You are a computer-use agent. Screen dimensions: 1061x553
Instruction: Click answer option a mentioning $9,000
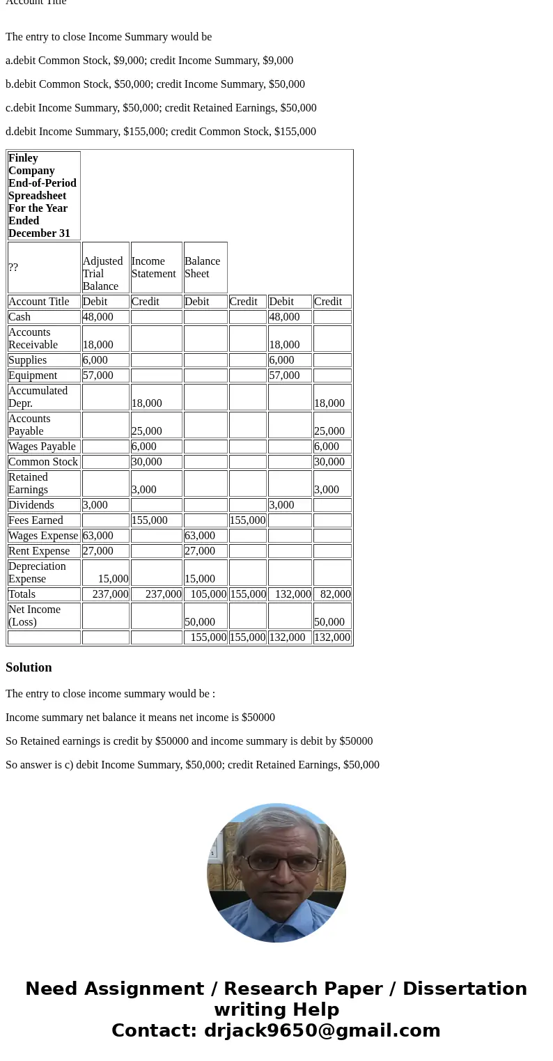(149, 61)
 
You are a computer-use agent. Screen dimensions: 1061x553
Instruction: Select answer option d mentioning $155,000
(160, 132)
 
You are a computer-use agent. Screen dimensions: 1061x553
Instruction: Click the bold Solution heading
(29, 667)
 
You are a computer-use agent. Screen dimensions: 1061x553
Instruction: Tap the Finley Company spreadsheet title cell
(43, 196)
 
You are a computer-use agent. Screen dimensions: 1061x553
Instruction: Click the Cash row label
(20, 317)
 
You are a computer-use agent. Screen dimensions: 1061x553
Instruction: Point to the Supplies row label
(28, 360)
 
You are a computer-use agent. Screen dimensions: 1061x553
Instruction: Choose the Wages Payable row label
(42, 447)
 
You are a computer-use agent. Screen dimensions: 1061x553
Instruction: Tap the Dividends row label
(31, 505)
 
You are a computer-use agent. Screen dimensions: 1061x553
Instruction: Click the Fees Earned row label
(36, 520)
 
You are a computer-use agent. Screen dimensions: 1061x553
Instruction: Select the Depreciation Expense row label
(37, 573)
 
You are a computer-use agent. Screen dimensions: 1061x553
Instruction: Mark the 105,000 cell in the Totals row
(207, 594)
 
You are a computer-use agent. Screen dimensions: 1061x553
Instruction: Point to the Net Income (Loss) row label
(34, 616)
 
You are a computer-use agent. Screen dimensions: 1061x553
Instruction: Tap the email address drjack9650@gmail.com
(322, 1030)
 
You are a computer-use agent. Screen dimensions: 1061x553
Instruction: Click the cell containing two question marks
(13, 268)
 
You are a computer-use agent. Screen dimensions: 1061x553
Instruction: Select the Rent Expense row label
(39, 551)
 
